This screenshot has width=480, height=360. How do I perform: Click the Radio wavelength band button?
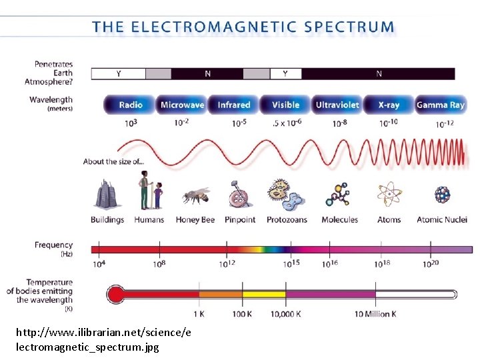[x=131, y=105]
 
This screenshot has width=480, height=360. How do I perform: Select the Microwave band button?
[x=182, y=105]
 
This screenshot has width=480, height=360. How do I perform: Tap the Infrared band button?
[x=233, y=105]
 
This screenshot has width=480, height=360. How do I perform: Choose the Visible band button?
[x=285, y=105]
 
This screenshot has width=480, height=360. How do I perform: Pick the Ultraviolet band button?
[x=337, y=105]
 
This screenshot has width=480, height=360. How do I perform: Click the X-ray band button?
[x=389, y=105]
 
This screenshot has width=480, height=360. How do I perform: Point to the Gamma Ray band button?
[x=440, y=105]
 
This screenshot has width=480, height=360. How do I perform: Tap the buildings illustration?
[x=107, y=194]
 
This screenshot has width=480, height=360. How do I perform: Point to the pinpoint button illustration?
[x=239, y=195]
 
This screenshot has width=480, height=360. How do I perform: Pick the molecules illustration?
[x=338, y=194]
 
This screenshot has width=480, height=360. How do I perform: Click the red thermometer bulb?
[x=116, y=294]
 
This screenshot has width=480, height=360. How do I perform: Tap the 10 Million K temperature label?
[x=375, y=314]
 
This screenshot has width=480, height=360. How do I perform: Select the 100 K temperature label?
[x=242, y=314]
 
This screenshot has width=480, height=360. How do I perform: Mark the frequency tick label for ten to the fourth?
[x=99, y=264]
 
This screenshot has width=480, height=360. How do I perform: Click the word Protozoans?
[x=287, y=220]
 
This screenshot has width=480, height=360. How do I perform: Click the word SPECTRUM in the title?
[x=349, y=27]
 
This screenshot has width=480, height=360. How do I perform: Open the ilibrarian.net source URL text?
[x=103, y=339]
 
